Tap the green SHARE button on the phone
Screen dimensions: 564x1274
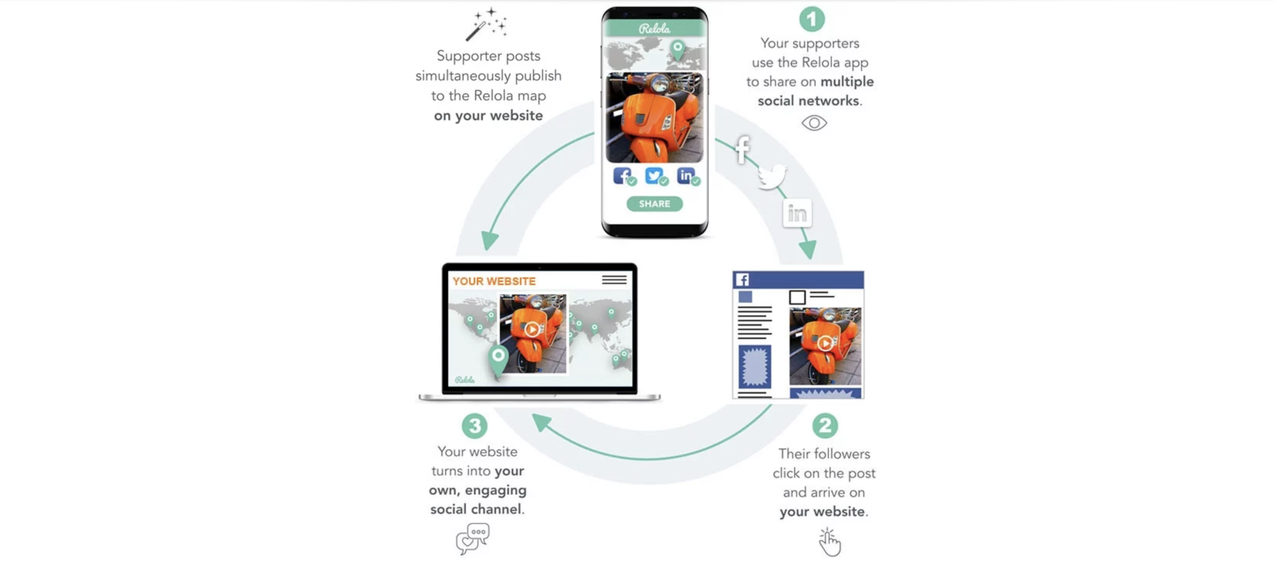pyautogui.click(x=654, y=204)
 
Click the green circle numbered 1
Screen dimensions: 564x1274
pyautogui.click(x=811, y=19)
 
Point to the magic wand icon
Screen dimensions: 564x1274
pyautogui.click(x=486, y=24)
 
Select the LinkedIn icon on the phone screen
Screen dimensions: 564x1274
pyautogui.click(x=686, y=176)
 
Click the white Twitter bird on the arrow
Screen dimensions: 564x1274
pyautogui.click(x=771, y=176)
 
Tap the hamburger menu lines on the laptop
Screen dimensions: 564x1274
pyautogui.click(x=614, y=280)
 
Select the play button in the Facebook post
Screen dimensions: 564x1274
pyautogui.click(x=825, y=343)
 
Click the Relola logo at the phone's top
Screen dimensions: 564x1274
pyautogui.click(x=654, y=29)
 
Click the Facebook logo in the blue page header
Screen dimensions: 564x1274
pyautogui.click(x=742, y=280)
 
